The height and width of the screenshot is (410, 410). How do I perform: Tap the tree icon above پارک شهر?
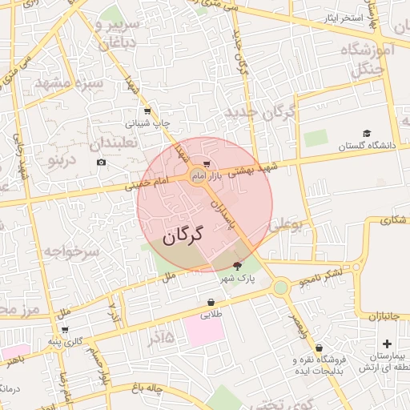click(x=237, y=265)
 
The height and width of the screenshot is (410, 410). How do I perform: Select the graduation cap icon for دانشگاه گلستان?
click(x=367, y=134)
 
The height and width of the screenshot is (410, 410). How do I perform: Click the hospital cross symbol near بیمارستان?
click(x=388, y=344)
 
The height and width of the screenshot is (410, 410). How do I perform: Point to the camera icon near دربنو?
click(x=101, y=163)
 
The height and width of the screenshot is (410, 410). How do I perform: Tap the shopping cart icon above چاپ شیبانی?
click(x=147, y=112)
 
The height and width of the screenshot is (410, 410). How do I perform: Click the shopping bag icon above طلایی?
click(x=211, y=303)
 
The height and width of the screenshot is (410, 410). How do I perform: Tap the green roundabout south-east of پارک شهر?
click(x=280, y=287)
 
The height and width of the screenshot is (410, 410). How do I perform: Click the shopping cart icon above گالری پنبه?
click(x=65, y=330)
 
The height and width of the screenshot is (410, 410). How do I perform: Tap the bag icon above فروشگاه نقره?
click(x=320, y=348)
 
